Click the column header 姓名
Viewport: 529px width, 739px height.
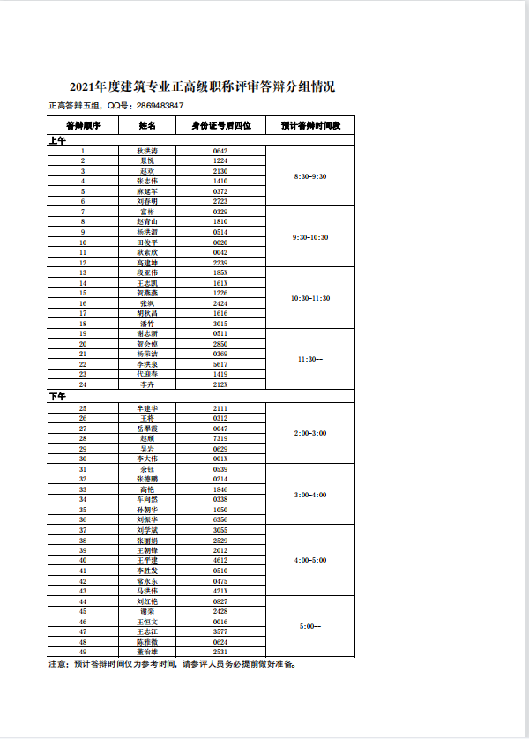pyautogui.click(x=147, y=126)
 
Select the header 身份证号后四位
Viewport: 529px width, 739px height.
pyautogui.click(x=220, y=126)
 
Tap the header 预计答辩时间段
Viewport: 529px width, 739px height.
pyautogui.click(x=309, y=126)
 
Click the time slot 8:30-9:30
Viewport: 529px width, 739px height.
pyautogui.click(x=309, y=176)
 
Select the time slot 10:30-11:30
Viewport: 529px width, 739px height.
pyautogui.click(x=309, y=298)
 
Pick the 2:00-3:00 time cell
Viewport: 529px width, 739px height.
pyautogui.click(x=309, y=433)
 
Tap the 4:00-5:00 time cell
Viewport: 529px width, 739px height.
pyautogui.click(x=309, y=560)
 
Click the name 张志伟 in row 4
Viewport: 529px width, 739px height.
pyautogui.click(x=147, y=181)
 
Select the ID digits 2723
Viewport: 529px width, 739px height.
pyautogui.click(x=220, y=201)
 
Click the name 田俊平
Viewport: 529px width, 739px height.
pyautogui.click(x=147, y=242)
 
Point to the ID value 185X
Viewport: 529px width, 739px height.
pyautogui.click(x=220, y=272)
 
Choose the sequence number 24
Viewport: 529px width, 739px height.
pyautogui.click(x=83, y=384)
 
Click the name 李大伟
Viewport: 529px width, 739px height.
pyautogui.click(x=147, y=459)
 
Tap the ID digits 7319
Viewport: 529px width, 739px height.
pyautogui.click(x=220, y=438)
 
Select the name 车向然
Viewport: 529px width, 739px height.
pyautogui.click(x=147, y=499)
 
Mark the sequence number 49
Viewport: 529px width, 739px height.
pyautogui.click(x=83, y=652)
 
